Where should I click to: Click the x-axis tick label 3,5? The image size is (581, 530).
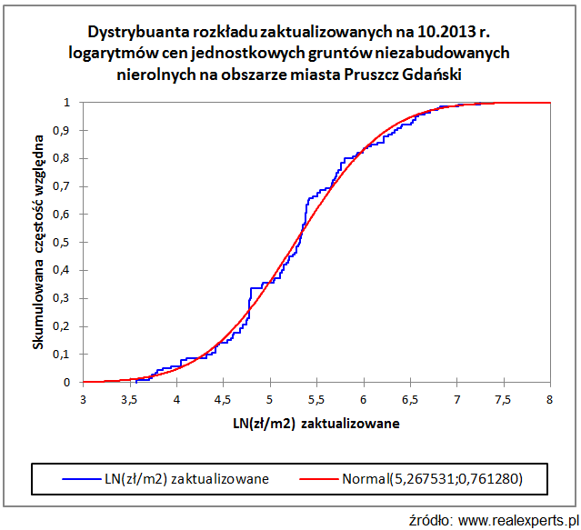pos(129,398)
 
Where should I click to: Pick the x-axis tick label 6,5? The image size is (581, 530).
pos(410,398)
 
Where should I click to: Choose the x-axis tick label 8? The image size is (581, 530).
pos(550,398)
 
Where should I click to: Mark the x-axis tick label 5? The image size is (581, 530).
pos(270,398)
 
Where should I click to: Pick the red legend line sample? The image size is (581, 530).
pos(316,476)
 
